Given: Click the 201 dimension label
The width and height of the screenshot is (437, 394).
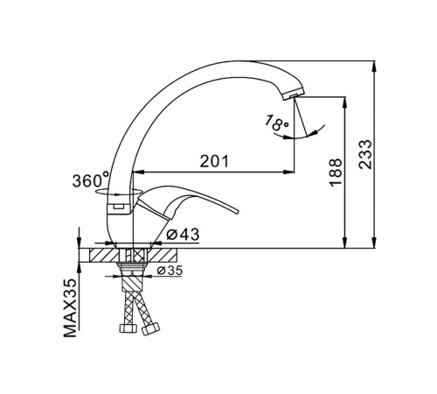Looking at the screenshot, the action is click(x=214, y=161).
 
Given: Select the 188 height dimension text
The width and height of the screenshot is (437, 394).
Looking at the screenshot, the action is click(x=336, y=172).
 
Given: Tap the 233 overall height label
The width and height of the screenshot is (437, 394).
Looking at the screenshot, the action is click(x=365, y=154).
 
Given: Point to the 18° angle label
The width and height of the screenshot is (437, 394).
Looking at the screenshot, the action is click(x=276, y=123).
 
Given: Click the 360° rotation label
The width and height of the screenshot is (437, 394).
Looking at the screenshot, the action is click(x=91, y=180).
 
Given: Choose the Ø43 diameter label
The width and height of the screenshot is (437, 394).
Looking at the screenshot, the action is click(x=183, y=235).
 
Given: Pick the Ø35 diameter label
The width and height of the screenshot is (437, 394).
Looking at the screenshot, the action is click(x=170, y=271).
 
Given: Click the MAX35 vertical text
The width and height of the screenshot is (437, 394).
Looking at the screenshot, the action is click(x=70, y=308).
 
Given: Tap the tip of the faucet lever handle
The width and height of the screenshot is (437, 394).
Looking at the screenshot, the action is click(x=238, y=211).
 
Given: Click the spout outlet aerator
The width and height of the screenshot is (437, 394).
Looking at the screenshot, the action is click(x=294, y=95).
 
